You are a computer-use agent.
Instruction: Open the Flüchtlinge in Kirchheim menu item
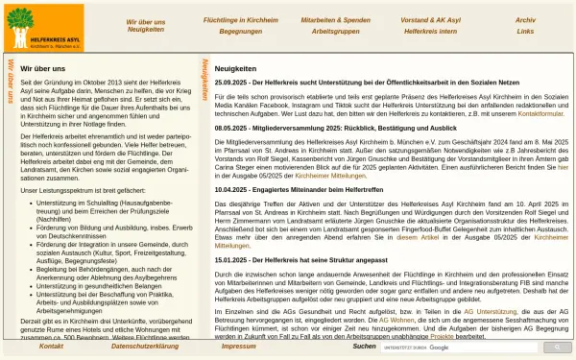pyautogui.click(x=240, y=19)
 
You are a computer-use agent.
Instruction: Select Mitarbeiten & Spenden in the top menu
pyautogui.click(x=335, y=19)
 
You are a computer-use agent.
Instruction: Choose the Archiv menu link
pyautogui.click(x=525, y=19)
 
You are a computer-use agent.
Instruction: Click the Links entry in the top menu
pyautogui.click(x=525, y=31)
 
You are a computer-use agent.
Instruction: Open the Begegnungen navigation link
pyautogui.click(x=240, y=31)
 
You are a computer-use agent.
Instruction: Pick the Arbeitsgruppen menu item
pyautogui.click(x=335, y=31)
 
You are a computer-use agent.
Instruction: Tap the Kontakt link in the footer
pyautogui.click(x=52, y=347)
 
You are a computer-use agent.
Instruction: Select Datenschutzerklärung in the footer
pyautogui.click(x=145, y=347)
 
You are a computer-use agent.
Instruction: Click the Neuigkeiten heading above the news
pyautogui.click(x=235, y=69)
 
